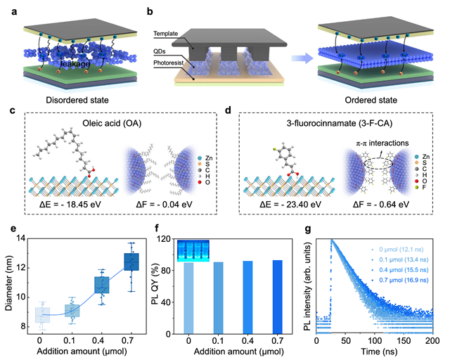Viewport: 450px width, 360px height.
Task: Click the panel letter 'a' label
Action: click(7, 8)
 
